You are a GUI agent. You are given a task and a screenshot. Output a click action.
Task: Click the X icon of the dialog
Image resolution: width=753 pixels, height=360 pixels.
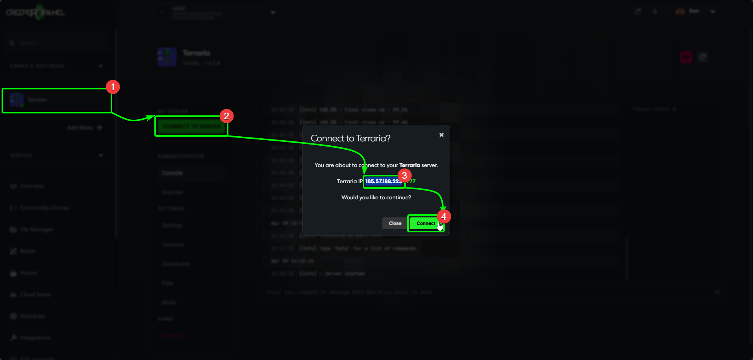(441, 135)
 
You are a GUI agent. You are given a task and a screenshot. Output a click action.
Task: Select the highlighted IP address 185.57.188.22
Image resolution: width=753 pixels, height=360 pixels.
(383, 182)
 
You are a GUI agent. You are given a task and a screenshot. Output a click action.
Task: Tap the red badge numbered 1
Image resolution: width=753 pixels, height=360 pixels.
(113, 87)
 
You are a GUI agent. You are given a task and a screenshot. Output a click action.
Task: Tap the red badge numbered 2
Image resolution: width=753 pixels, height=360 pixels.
(226, 116)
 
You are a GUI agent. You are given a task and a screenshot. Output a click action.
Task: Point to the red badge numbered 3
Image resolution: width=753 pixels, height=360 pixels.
(404, 176)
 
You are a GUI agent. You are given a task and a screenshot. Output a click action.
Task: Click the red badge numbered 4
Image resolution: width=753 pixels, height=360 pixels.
(444, 216)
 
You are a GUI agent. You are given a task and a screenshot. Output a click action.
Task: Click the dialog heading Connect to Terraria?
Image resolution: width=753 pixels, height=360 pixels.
(351, 138)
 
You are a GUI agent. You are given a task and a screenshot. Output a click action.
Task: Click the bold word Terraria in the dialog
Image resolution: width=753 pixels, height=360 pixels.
(410, 165)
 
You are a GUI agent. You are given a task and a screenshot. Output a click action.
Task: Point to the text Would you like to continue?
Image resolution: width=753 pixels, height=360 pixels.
(376, 197)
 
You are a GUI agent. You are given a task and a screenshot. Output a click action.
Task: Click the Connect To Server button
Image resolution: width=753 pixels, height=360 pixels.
(191, 126)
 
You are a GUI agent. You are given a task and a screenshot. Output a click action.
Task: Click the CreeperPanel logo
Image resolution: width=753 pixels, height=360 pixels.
(35, 13)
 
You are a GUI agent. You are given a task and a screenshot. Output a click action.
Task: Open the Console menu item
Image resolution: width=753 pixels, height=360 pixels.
(172, 173)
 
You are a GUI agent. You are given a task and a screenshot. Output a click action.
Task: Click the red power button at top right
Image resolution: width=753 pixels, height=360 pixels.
(686, 58)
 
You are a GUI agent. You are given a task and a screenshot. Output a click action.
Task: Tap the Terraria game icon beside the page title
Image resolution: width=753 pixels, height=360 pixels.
(167, 58)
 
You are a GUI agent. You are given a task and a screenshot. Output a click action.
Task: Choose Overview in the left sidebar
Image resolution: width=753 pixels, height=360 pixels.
(32, 186)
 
